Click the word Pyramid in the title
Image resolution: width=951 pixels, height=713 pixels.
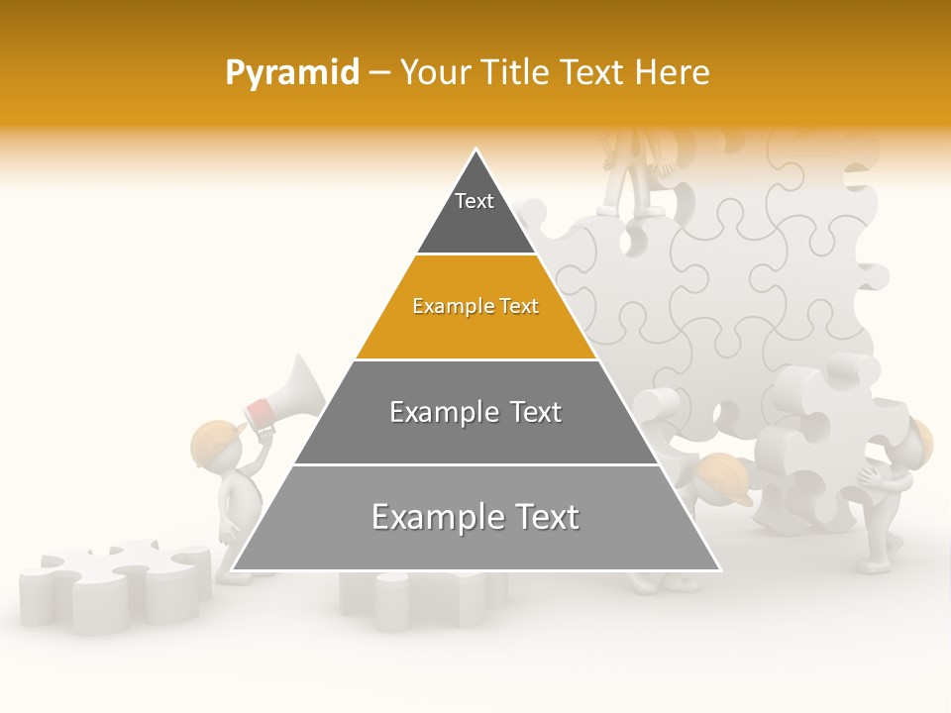[291, 73]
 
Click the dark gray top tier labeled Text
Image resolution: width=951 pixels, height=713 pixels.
[475, 213]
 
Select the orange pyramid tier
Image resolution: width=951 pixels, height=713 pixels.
[475, 308]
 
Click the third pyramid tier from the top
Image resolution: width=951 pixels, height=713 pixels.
[475, 413]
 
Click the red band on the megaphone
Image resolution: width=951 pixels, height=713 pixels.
[260, 409]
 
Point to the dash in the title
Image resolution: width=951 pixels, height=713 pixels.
[379, 73]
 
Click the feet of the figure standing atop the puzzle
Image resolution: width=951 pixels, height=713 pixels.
[644, 209]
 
